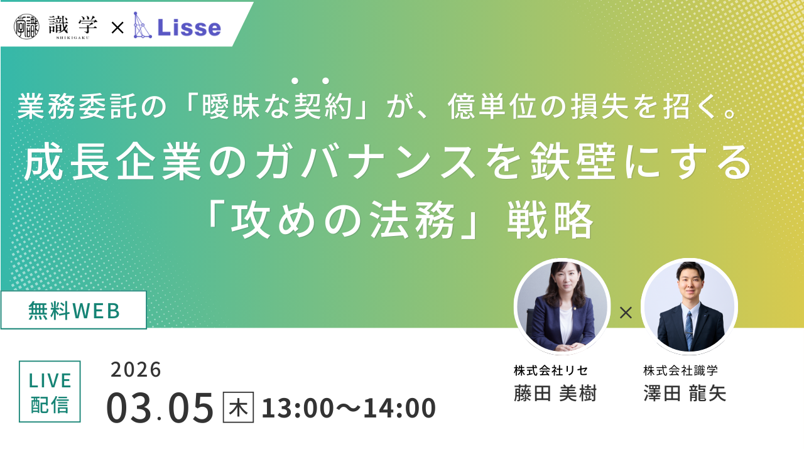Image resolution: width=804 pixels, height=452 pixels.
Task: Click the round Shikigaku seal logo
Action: click(26, 26)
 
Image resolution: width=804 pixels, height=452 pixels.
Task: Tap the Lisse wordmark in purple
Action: click(189, 27)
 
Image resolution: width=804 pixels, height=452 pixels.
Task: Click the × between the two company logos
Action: click(117, 28)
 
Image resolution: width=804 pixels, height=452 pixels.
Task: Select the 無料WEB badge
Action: click(73, 310)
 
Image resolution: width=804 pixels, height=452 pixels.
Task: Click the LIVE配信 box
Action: click(50, 391)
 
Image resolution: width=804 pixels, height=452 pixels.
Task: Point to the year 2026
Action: click(136, 370)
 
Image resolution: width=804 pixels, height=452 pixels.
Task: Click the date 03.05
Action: click(160, 408)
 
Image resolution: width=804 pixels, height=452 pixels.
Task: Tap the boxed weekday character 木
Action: click(238, 407)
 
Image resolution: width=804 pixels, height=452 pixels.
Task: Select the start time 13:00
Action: click(298, 408)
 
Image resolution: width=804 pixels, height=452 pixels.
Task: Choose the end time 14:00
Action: click(399, 408)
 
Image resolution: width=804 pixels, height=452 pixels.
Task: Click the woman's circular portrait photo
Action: click(562, 306)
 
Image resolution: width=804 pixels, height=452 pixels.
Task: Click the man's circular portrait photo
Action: click(689, 306)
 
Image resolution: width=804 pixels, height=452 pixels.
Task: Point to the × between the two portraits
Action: click(626, 313)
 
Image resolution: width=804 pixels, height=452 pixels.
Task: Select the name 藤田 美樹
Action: click(555, 394)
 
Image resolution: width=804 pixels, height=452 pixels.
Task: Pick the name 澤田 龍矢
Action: click(685, 394)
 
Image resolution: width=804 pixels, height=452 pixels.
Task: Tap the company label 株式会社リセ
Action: click(551, 370)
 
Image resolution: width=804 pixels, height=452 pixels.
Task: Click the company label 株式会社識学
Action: click(680, 370)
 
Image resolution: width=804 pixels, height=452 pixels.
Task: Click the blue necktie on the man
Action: click(689, 330)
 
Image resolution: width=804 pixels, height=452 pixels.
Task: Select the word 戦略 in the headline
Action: click(550, 220)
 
